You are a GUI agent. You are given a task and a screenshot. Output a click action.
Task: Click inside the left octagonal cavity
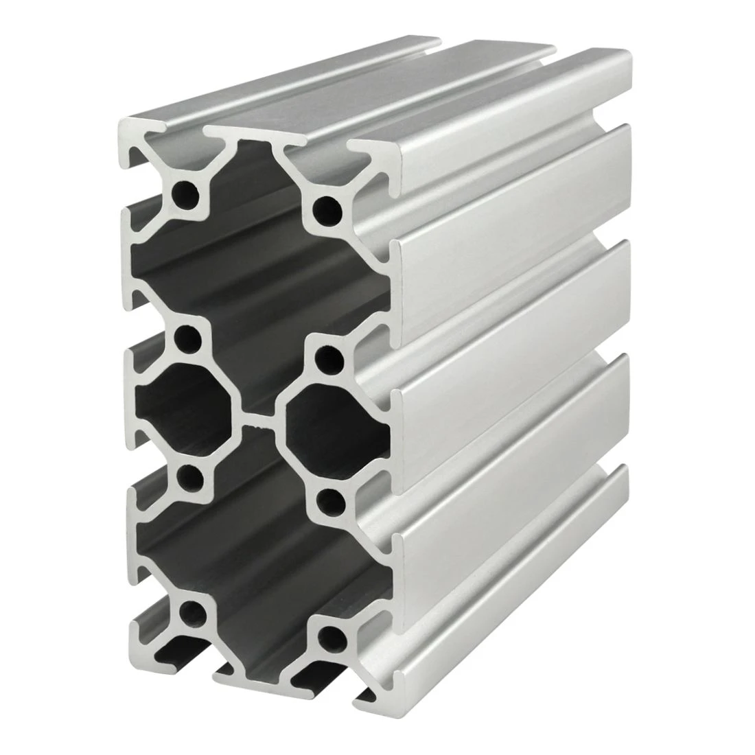[185, 405]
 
